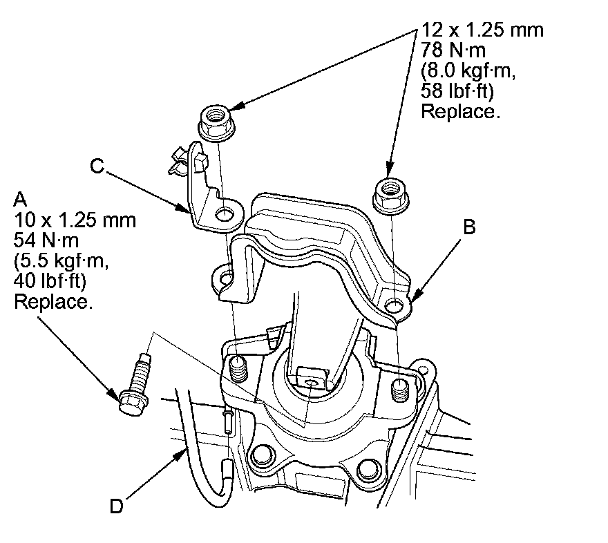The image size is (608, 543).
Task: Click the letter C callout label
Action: coord(97,166)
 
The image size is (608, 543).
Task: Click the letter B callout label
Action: coord(469,227)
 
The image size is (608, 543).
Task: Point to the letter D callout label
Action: coord(116,506)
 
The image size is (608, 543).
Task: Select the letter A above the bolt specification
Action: coord(20,200)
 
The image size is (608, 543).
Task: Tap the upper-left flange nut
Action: coord(217,122)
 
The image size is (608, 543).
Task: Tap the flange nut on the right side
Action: coord(390,195)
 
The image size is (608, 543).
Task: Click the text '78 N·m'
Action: coord(453,50)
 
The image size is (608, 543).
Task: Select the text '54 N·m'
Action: coord(46,240)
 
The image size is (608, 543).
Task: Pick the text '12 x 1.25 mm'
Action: coord(482,30)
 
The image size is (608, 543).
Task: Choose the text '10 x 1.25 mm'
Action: coord(75,220)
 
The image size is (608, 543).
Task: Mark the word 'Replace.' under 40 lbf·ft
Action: coord(53,301)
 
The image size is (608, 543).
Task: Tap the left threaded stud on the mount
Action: coord(238,370)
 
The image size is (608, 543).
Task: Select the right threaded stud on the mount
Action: coord(400,390)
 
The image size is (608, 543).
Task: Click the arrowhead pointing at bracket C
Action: coord(182,208)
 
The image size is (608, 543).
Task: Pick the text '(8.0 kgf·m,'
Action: coord(468,70)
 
